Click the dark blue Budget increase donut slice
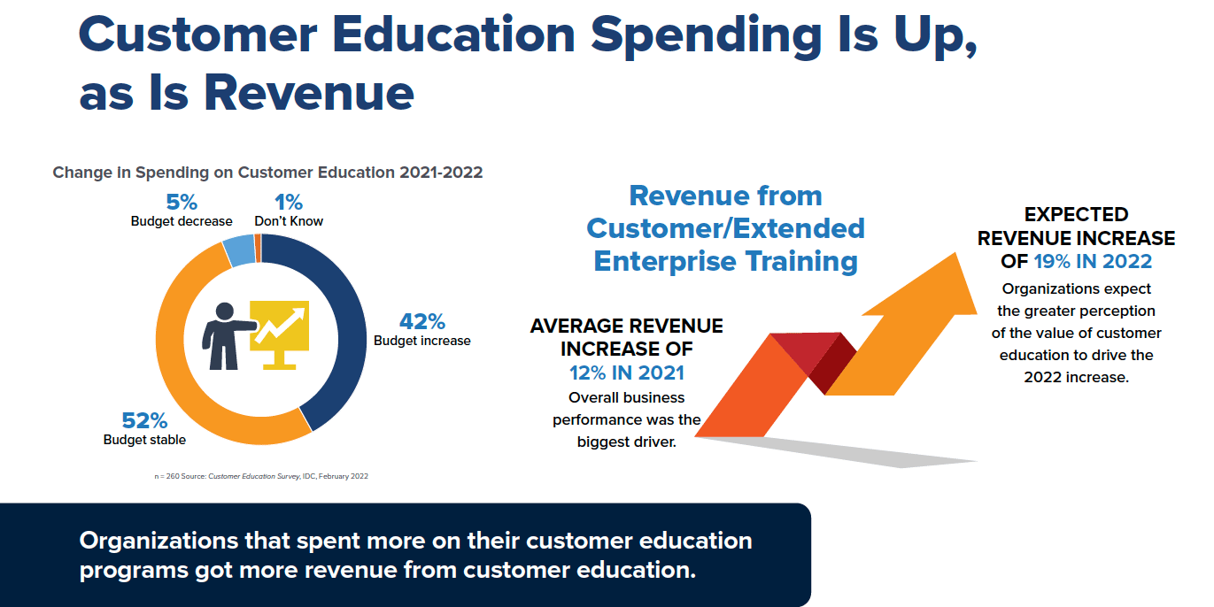coord(347,325)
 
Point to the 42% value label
coord(422,322)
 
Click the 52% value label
coord(144,420)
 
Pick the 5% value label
coord(182,203)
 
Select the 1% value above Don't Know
coord(289,203)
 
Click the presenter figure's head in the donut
coord(224,311)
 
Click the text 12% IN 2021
coord(627,373)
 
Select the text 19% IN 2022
coord(1093,262)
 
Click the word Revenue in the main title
coord(309,93)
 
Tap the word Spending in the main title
coord(707,35)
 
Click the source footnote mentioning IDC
coord(261,477)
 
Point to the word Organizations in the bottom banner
coord(159,542)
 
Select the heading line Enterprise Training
coord(726,262)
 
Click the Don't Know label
coord(289,221)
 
